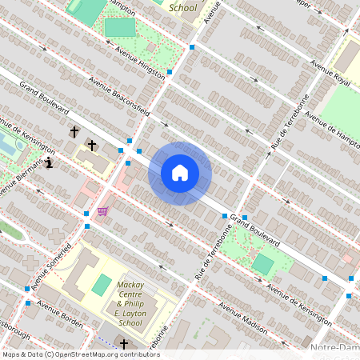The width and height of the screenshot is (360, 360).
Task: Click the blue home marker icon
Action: (180, 173)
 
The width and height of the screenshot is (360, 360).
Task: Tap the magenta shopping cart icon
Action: (102, 211)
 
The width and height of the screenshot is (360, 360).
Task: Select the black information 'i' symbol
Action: (50, 163)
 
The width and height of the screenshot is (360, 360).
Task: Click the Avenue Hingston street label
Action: (137, 58)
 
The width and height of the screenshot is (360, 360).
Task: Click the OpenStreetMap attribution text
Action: (81, 354)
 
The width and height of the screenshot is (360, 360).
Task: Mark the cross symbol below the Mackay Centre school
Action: (124, 344)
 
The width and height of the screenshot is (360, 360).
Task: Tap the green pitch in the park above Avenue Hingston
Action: (120, 28)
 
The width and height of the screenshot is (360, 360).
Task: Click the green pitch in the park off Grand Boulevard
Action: (262, 263)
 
